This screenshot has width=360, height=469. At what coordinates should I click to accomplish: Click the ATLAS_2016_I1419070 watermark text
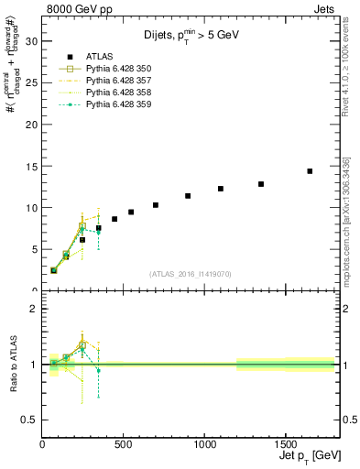[x=191, y=273]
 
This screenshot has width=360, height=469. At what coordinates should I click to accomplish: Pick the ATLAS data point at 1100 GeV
[x=221, y=189]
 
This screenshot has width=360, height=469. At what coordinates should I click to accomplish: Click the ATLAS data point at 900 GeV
[x=188, y=196]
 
